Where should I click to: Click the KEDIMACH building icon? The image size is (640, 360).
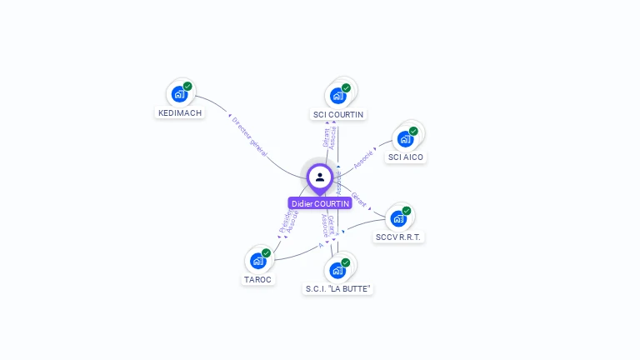[178, 94]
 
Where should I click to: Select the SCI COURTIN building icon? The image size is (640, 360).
[337, 95]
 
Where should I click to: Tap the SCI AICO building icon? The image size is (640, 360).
[405, 138]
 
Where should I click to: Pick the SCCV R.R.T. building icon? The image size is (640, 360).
[398, 218]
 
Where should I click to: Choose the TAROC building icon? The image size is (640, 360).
[258, 261]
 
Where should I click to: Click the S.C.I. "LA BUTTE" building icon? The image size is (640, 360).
[337, 270]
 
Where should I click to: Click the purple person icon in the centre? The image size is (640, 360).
[320, 177]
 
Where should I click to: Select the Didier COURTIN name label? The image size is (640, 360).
[320, 203]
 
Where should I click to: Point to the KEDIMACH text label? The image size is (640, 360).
[180, 113]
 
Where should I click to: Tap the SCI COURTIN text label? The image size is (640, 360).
[338, 114]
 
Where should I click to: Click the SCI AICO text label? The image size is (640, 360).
[406, 157]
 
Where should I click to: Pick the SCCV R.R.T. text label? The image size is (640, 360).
[400, 237]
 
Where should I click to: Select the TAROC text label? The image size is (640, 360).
[258, 280]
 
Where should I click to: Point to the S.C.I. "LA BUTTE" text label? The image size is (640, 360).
[338, 289]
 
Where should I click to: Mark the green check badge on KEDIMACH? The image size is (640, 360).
[187, 86]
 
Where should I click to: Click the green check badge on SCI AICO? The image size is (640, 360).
[413, 131]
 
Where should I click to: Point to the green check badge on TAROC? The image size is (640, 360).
[267, 252]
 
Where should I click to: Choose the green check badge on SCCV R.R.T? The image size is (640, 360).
[407, 211]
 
